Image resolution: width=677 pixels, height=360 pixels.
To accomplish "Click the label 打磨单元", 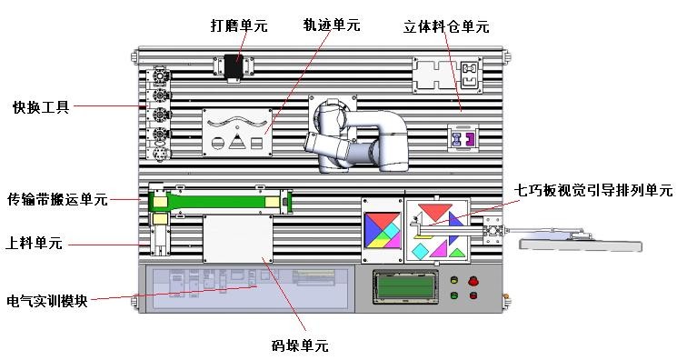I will [239, 26].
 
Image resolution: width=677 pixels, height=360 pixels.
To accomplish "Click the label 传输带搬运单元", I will [57, 198].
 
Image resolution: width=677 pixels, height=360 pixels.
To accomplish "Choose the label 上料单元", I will [34, 243].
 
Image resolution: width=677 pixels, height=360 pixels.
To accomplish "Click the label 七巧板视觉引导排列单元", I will [593, 191].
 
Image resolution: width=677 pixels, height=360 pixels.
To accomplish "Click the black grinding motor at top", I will [234, 66].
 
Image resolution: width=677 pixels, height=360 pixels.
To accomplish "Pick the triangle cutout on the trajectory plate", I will [238, 141].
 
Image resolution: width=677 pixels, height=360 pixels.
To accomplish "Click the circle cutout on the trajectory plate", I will [218, 142].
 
